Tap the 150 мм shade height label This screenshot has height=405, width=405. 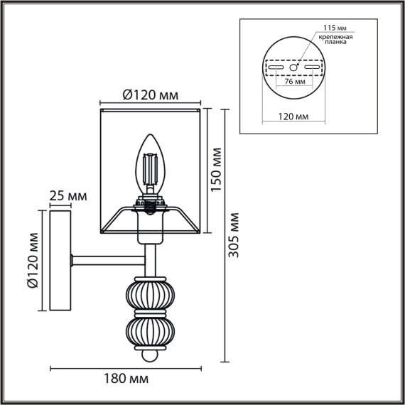coord(217,170)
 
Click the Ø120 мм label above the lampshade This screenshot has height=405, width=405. coord(149,94)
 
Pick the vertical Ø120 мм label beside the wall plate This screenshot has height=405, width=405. coord(33,271)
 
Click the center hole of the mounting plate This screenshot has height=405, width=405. coord(293,67)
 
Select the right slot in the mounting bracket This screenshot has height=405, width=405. coord(310,68)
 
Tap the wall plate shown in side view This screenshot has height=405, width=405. coord(60,261)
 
